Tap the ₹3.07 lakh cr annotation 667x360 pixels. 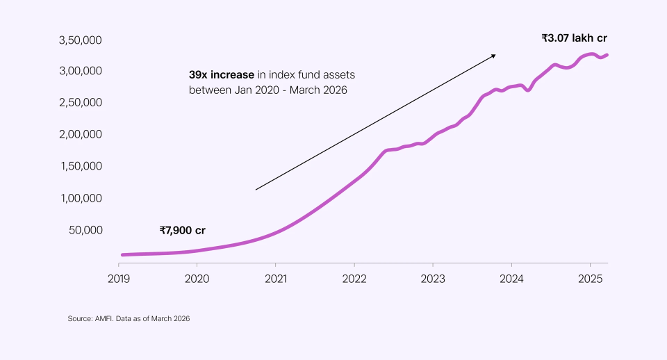[x=575, y=38]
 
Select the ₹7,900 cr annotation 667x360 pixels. [x=182, y=230]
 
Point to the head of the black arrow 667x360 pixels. [x=494, y=54]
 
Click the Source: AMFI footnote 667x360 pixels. [x=129, y=318]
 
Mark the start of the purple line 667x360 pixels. [x=122, y=255]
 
